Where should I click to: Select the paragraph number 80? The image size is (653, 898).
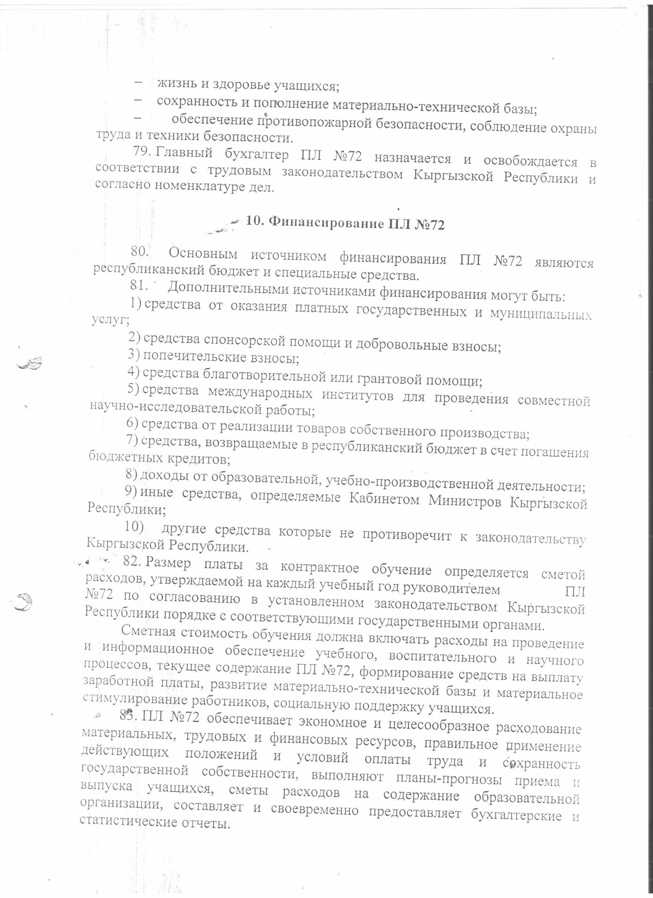pos(140,253)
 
